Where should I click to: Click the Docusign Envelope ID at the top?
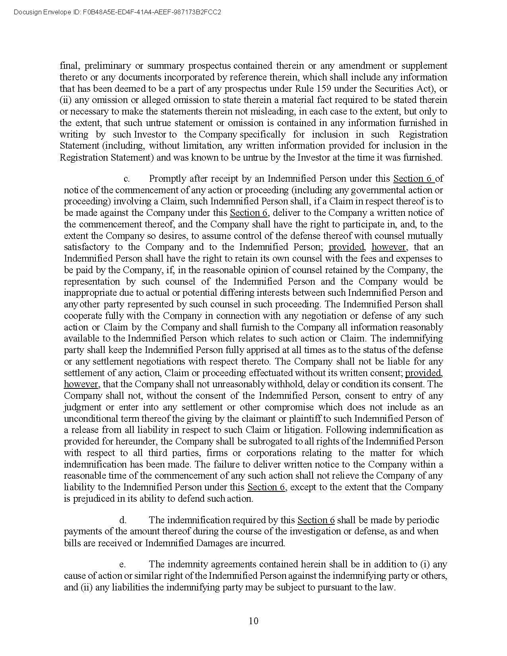[117, 12]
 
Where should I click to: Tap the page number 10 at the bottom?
[253, 621]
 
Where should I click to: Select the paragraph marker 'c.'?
[127, 179]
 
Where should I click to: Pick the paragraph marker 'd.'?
[123, 520]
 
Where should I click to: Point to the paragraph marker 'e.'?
[122, 564]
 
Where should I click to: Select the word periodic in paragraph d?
[422, 520]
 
